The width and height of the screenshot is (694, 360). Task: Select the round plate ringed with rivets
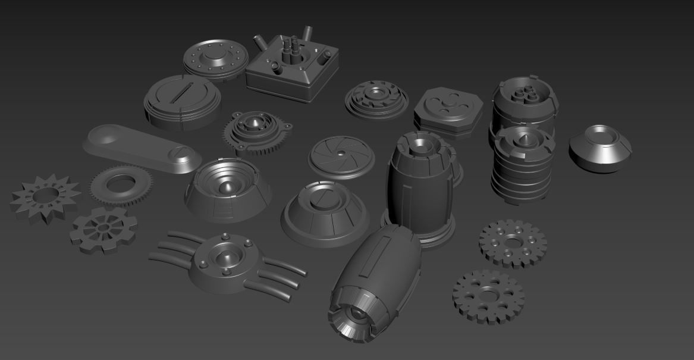pyautogui.click(x=215, y=59)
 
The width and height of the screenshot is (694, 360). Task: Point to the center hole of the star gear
pyautogui.click(x=45, y=195)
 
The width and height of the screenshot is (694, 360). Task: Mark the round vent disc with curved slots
pyautogui.click(x=376, y=98)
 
